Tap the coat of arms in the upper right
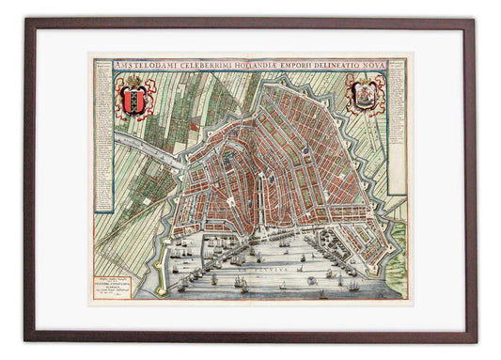[366, 94]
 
